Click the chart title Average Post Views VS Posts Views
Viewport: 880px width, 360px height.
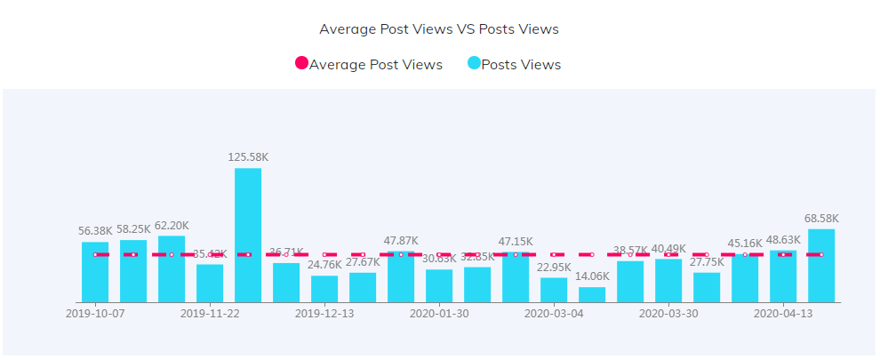tap(439, 28)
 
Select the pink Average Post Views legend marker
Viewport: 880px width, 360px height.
tap(301, 63)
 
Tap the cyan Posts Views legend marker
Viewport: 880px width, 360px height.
tap(474, 63)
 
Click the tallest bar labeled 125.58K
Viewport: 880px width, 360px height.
tap(248, 235)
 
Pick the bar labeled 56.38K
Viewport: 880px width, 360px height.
tap(95, 272)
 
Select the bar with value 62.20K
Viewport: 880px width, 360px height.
tap(172, 268)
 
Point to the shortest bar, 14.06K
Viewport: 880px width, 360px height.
tap(592, 294)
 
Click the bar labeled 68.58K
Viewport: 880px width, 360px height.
tap(821, 266)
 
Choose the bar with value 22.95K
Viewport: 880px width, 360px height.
tap(554, 290)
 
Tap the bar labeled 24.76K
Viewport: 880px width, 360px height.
tap(324, 289)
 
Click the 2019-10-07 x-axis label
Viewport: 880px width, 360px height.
tap(95, 314)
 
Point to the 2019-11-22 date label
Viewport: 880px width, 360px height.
tap(210, 314)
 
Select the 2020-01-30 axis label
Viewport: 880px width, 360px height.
tap(439, 314)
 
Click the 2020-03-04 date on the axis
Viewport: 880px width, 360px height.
tap(554, 314)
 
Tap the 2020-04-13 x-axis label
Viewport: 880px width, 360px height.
tap(783, 314)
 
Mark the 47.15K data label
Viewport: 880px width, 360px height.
tap(516, 241)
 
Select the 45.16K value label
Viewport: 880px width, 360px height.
tap(745, 243)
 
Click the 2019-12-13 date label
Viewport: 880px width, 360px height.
tap(324, 314)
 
